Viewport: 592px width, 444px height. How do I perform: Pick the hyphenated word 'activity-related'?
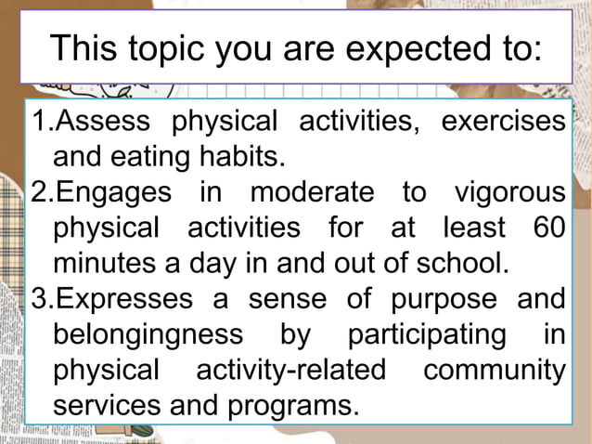tap(290, 370)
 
